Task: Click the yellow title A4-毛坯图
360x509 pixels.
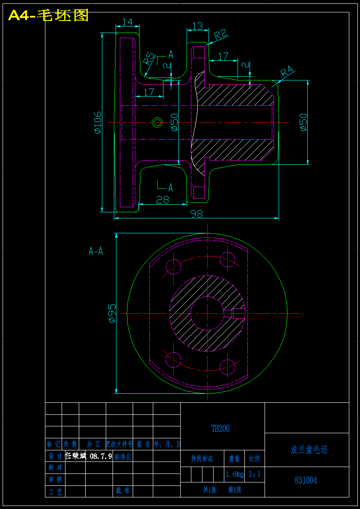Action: coord(48,15)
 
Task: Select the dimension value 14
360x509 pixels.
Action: coord(127,22)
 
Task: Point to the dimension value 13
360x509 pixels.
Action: coord(197,26)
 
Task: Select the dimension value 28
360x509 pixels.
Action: coord(162,199)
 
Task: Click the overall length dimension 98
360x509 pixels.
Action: coord(196,214)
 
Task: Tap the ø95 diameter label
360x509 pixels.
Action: coord(111,313)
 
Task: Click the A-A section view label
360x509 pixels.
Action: coord(96,251)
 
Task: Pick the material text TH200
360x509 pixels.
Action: coord(220,429)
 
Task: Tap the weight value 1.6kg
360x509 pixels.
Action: coord(234,474)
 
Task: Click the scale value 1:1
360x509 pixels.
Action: coord(254,474)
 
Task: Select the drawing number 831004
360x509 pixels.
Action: coord(306,480)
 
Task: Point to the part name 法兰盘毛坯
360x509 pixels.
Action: coord(309,450)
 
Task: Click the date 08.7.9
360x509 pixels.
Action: coord(101,456)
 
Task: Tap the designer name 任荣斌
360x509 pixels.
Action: coord(76,456)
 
